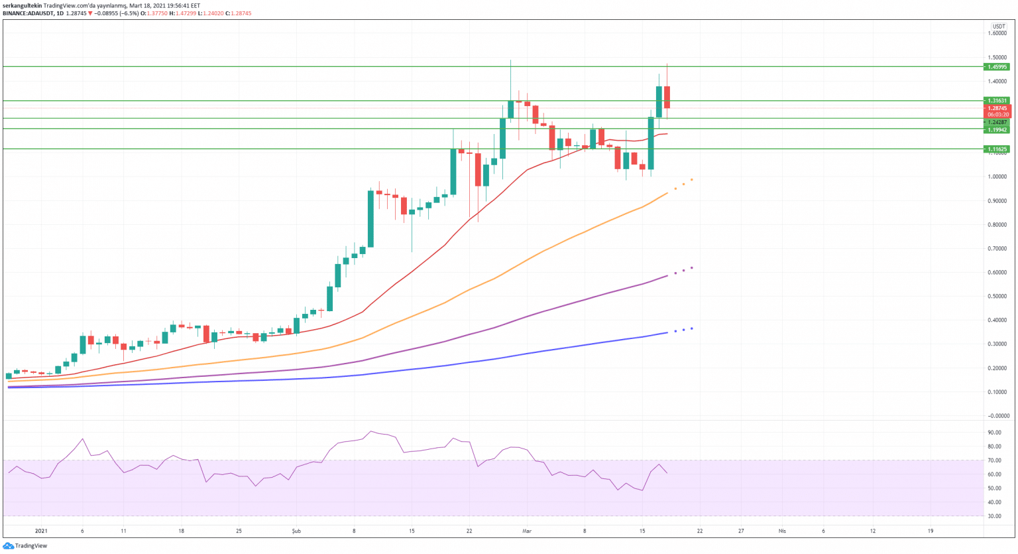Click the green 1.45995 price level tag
997,67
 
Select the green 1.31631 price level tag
997,101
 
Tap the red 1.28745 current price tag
997,108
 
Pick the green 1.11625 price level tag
997,149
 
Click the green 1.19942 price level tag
997,130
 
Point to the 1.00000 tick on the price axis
997,177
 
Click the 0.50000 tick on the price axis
997,297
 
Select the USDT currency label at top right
999,26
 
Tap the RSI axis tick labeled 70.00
994,460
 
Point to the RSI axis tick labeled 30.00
994,516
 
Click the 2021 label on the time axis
41,531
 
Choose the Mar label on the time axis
527,531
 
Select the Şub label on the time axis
296,531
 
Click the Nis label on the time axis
782,531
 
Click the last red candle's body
667,97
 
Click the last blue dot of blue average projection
692,328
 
